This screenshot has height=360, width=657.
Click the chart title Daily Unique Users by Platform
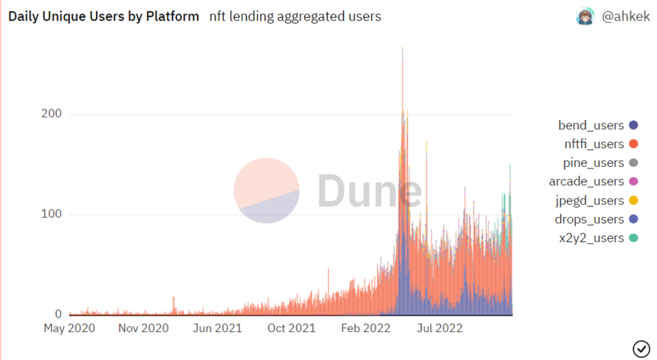[103, 17]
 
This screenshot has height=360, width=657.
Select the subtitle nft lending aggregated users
[295, 17]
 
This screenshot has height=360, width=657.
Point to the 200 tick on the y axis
[51, 114]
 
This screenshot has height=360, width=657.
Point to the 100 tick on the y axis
[51, 215]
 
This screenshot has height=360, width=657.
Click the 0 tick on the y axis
[58, 314]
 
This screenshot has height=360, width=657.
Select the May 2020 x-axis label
[69, 329]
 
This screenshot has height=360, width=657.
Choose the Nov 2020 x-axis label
[143, 329]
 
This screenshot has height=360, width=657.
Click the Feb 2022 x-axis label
[365, 329]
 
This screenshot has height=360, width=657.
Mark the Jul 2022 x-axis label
[439, 329]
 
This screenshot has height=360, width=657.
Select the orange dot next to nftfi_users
[633, 144]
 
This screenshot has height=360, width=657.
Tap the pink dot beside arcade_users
[633, 182]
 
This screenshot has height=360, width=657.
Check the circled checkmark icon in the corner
[641, 347]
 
